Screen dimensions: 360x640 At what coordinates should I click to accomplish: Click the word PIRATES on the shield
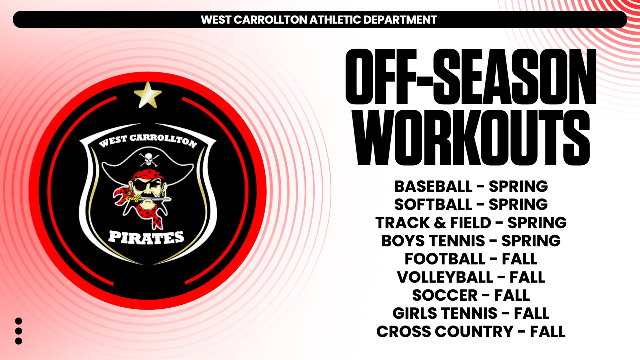146,237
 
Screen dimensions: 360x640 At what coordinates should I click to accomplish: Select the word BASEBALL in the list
433,187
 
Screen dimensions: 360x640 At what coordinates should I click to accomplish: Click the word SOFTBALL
433,205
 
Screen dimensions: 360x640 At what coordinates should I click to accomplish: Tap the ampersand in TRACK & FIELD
440,223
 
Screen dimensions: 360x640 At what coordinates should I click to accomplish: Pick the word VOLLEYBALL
445,277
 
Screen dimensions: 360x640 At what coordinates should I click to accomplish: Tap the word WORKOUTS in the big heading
472,138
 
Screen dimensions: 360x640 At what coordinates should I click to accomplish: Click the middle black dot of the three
19,331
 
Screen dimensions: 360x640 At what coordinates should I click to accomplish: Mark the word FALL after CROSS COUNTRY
547,332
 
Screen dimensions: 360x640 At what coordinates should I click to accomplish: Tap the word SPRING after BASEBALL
518,187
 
